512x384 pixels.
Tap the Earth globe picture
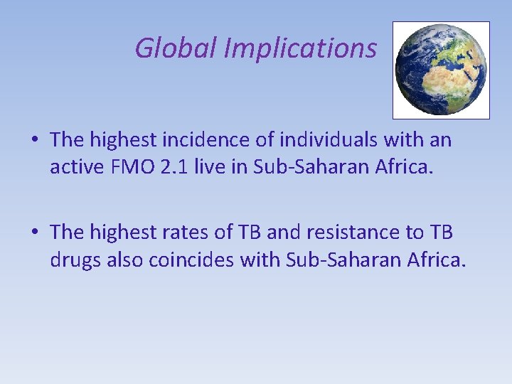441,69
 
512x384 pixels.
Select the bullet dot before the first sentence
35,141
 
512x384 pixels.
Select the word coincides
191,260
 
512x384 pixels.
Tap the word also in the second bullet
125,260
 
